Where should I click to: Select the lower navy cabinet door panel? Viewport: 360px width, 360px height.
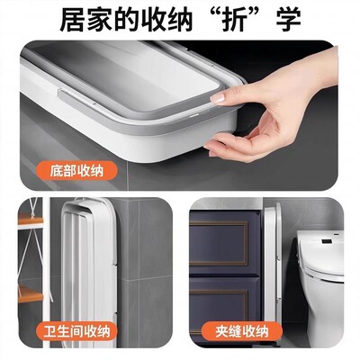[225, 311]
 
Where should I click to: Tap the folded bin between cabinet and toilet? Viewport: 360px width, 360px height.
[279, 270]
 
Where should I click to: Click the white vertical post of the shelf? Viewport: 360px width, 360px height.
[41, 270]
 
